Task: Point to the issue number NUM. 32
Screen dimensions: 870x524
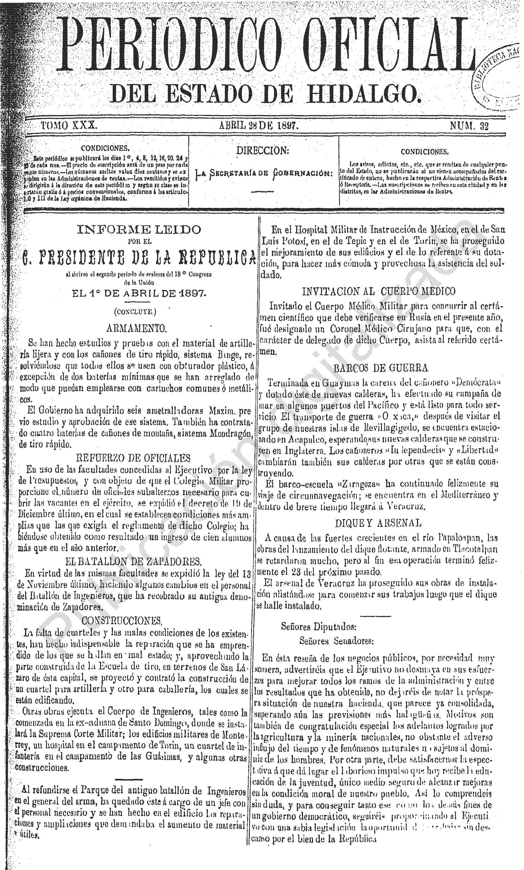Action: tap(469, 126)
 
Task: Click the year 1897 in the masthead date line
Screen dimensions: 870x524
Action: tap(285, 125)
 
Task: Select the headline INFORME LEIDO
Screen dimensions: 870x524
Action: tap(139, 229)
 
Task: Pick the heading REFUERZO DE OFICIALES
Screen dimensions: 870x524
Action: tap(133, 458)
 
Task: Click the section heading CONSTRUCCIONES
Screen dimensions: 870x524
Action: tap(122, 620)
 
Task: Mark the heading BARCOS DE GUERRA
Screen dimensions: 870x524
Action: tap(381, 368)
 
